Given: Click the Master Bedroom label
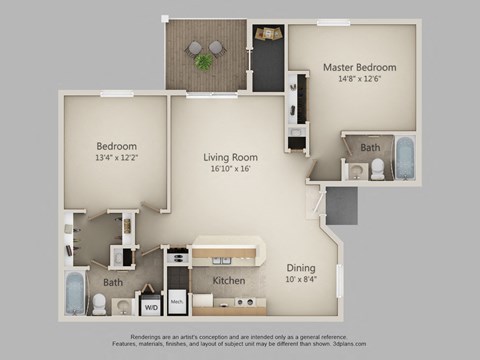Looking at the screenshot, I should [359, 67].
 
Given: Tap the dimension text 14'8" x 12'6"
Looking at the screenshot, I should [359, 81].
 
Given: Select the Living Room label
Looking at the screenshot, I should [232, 157].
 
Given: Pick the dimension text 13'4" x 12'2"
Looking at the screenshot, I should [116, 157].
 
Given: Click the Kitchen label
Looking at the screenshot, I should [229, 281].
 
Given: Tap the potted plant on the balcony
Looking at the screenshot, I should [204, 62].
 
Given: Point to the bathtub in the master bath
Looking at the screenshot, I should [404, 157].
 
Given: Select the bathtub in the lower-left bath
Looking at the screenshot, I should [77, 292].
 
